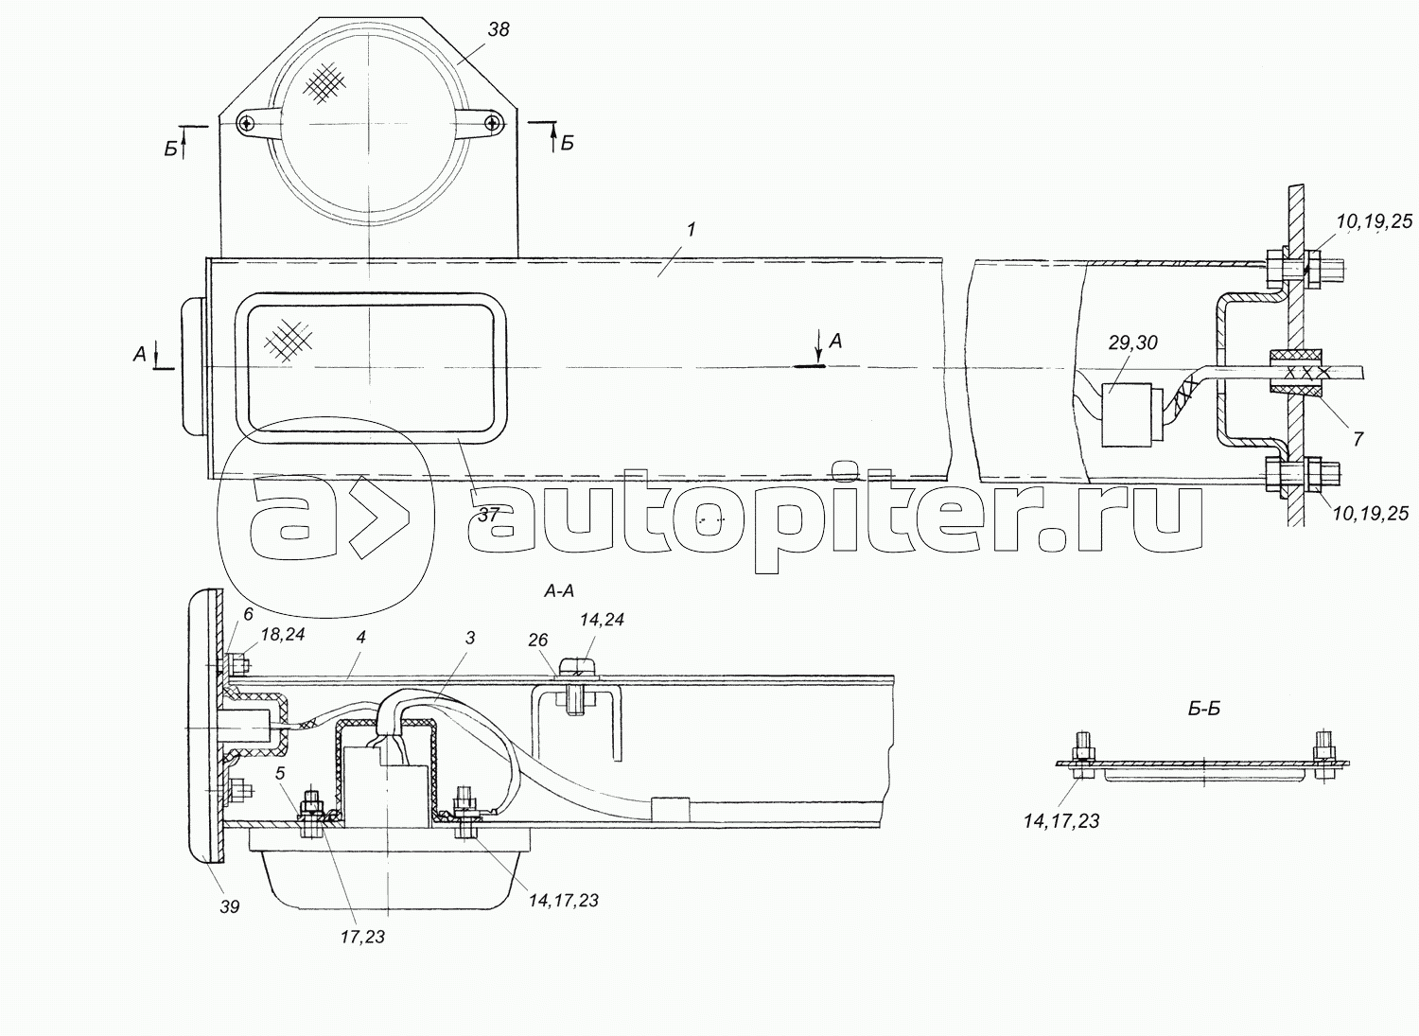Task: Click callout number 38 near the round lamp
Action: coord(499,29)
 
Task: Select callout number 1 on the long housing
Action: coord(692,229)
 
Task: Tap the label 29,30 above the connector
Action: coord(1132,342)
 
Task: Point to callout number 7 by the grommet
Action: coord(1358,439)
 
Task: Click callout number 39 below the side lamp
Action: coord(230,906)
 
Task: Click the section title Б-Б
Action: coord(1204,709)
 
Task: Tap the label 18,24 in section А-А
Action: coord(283,634)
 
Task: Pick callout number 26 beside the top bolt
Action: coord(537,641)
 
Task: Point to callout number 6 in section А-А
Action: coord(248,614)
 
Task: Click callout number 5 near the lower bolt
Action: coord(279,772)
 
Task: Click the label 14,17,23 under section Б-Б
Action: coord(1061,821)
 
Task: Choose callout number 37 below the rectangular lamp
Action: coord(488,515)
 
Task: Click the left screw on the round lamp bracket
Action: coord(246,122)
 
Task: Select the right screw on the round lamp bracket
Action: coord(492,122)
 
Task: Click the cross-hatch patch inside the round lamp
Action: coord(325,83)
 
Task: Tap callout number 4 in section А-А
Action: coord(360,638)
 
